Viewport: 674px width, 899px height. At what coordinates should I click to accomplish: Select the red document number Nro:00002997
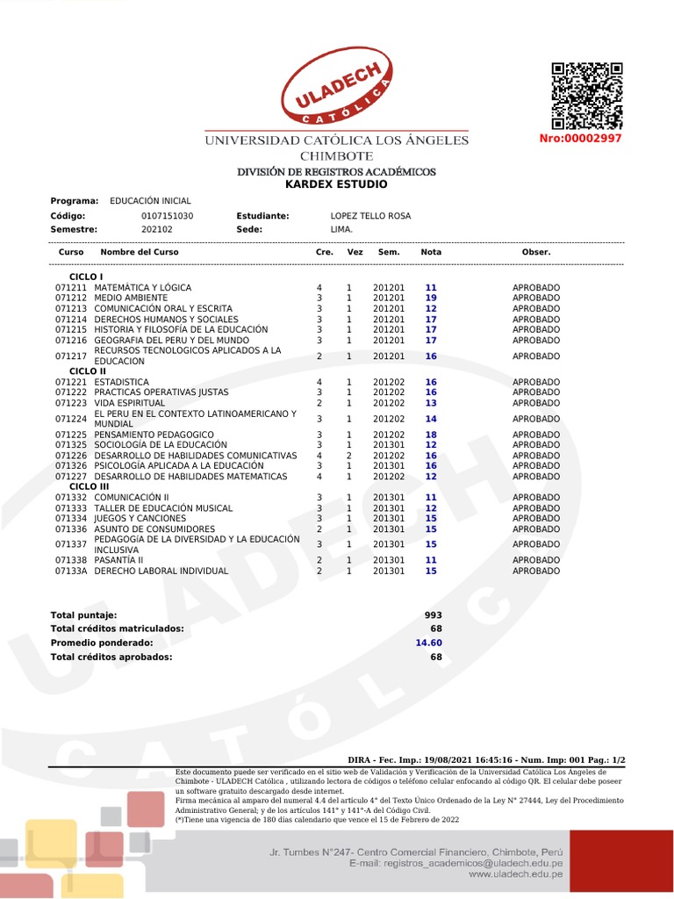[580, 139]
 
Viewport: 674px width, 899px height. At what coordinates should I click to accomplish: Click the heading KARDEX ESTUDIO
[336, 184]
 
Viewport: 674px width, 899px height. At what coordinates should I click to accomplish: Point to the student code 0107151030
[167, 216]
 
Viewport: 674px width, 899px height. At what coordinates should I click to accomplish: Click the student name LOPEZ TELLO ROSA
[370, 216]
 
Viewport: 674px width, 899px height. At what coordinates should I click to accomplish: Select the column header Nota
[431, 252]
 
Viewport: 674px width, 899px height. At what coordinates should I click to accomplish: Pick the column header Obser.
[535, 252]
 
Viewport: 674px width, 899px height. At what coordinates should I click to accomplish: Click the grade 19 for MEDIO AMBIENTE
[431, 298]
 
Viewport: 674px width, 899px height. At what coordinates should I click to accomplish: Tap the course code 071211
[71, 288]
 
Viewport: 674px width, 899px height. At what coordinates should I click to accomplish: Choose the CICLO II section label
[87, 371]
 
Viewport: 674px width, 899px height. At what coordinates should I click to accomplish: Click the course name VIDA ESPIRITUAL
[130, 403]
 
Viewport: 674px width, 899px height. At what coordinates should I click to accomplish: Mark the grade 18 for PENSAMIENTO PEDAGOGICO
[431, 435]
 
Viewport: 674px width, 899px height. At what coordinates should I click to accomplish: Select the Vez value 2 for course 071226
[348, 457]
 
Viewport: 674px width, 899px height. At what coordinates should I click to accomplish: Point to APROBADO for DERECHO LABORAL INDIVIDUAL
[535, 572]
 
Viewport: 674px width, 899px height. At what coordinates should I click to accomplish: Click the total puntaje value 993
[434, 615]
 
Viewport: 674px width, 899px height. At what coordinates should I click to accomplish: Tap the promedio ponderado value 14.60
[428, 643]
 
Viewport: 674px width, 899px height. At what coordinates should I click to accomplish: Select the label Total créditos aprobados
[111, 657]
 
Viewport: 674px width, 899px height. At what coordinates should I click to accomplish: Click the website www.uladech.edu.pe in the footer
[515, 874]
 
